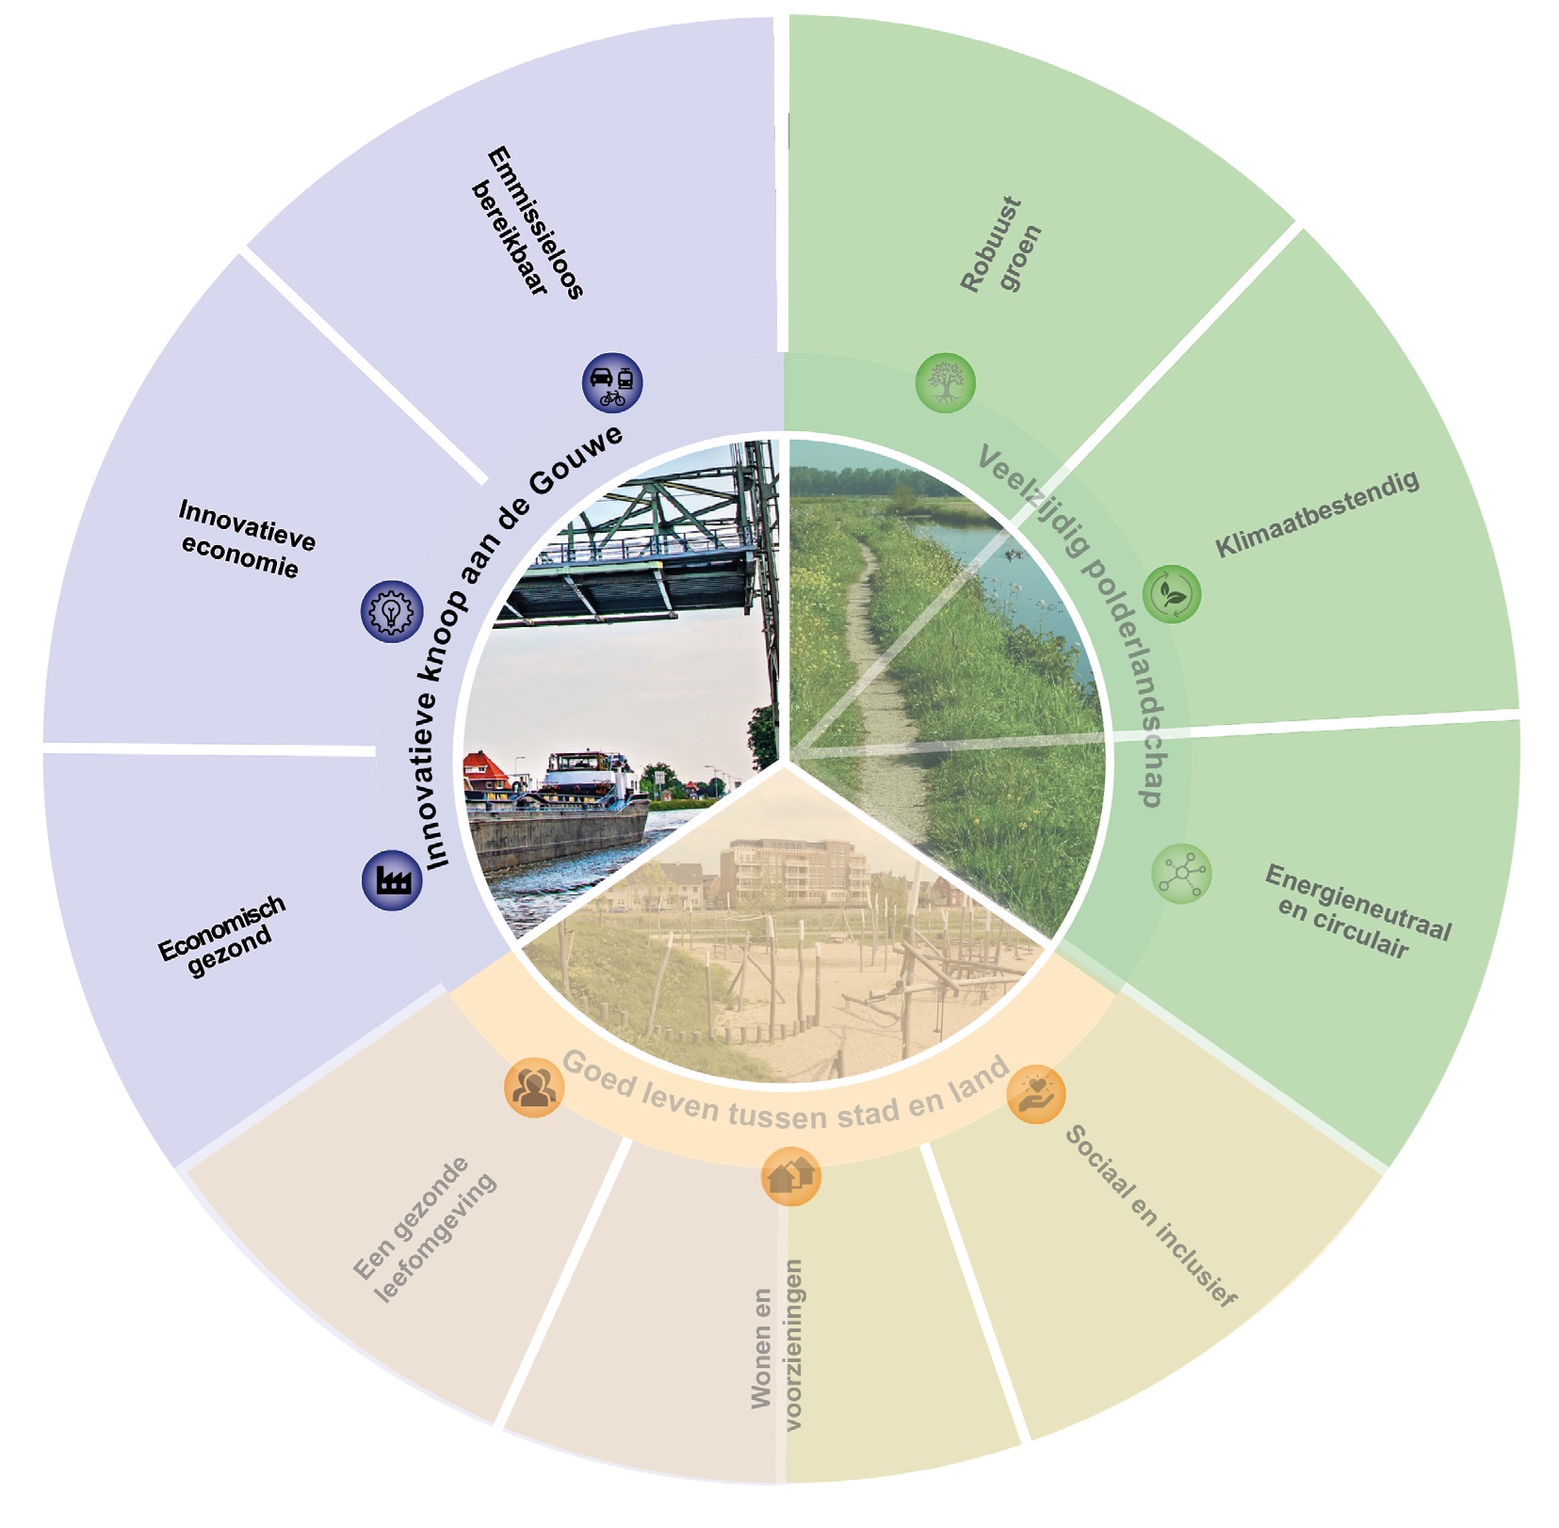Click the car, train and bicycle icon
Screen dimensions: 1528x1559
(612, 383)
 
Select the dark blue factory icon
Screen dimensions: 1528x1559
(392, 880)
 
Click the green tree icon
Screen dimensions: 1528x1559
(945, 383)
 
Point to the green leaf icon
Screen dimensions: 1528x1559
(1172, 594)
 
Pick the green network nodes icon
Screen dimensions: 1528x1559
(1181, 874)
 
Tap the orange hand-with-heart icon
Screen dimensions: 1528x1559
(1036, 1094)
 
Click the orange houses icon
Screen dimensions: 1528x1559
(790, 1176)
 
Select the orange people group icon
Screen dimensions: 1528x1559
(534, 1087)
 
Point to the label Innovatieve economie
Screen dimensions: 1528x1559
(244, 539)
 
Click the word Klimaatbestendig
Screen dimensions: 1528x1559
(1316, 514)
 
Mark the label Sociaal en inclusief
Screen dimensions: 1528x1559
(1150, 1215)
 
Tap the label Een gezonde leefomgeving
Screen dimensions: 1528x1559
(425, 1230)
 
